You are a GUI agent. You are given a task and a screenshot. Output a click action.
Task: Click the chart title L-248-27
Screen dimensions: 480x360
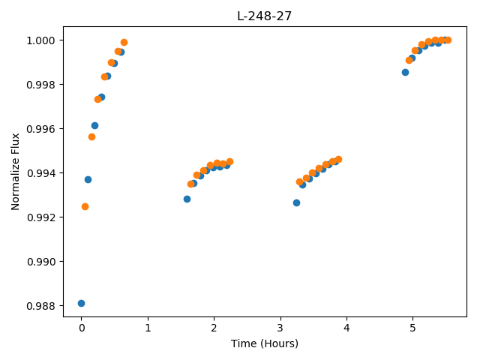pyautogui.click(x=264, y=16)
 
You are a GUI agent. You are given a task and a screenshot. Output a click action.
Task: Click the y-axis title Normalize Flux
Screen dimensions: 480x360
pyautogui.click(x=15, y=172)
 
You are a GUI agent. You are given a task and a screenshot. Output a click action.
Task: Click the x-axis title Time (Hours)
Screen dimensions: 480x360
pyautogui.click(x=265, y=343)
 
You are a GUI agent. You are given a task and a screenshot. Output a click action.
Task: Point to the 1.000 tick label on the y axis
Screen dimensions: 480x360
pyautogui.click(x=40, y=40)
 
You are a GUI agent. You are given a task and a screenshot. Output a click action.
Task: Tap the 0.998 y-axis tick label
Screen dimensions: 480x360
pyautogui.click(x=40, y=85)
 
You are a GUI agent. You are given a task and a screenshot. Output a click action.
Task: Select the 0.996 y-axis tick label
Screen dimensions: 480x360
pyautogui.click(x=40, y=129)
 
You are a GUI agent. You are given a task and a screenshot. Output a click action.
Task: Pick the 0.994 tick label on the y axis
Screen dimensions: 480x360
pyautogui.click(x=40, y=173)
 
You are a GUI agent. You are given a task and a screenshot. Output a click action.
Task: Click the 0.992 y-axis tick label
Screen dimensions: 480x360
pyautogui.click(x=40, y=217)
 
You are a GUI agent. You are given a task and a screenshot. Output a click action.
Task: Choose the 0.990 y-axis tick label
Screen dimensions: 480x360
pyautogui.click(x=40, y=262)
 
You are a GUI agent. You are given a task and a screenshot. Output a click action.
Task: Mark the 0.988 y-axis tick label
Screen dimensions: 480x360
pyautogui.click(x=40, y=306)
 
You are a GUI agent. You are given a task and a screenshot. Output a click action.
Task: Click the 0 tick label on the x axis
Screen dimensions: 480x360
pyautogui.click(x=82, y=328)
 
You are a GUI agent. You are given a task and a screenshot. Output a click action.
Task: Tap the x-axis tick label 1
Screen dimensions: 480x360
pyautogui.click(x=148, y=328)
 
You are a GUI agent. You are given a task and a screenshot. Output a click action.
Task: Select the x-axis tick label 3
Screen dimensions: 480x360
pyautogui.click(x=280, y=328)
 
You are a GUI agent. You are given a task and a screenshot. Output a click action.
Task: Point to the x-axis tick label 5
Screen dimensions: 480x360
pyautogui.click(x=412, y=328)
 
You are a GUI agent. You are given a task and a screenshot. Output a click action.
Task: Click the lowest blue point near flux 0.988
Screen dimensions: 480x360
pyautogui.click(x=81, y=303)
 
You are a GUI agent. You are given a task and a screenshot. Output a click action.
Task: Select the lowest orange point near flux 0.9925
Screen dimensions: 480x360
pyautogui.click(x=85, y=207)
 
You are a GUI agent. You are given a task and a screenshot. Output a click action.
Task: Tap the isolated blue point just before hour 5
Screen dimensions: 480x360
pyautogui.click(x=405, y=72)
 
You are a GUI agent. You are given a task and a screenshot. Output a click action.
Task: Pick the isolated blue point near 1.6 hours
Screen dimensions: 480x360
pyautogui.click(x=187, y=199)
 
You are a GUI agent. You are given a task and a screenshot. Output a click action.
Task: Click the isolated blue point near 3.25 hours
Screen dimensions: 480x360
pyautogui.click(x=296, y=202)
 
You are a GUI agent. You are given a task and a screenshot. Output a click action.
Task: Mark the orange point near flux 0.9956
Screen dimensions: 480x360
pyautogui.click(x=91, y=136)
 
